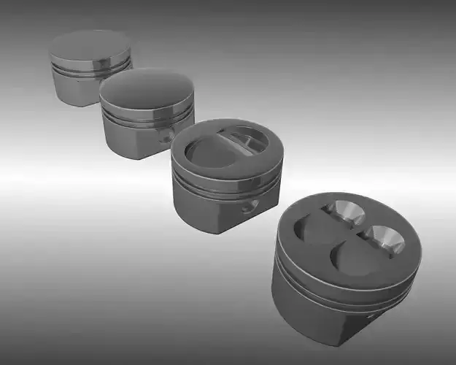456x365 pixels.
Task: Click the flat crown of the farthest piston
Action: coord(89,46)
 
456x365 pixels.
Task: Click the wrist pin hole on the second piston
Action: coord(167,136)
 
